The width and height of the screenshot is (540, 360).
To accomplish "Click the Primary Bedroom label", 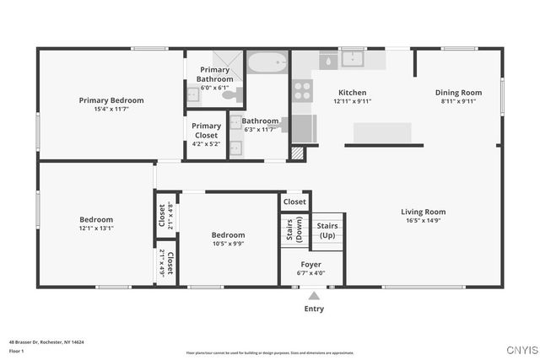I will [111, 100].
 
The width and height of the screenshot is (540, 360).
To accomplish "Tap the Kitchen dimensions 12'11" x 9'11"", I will [352, 101].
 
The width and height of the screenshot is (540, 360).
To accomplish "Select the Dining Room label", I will [458, 93].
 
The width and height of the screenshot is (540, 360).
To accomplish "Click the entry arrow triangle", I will [314, 295].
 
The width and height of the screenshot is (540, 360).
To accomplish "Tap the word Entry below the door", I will [314, 309].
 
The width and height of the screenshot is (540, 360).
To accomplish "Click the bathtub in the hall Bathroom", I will [268, 62].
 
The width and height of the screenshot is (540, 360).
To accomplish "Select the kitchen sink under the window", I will [353, 60].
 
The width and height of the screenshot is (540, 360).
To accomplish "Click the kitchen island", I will [381, 133].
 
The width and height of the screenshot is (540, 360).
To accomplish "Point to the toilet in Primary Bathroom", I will [231, 95].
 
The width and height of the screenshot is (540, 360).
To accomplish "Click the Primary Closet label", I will [206, 131].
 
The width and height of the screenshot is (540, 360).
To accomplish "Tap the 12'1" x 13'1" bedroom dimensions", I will [96, 228].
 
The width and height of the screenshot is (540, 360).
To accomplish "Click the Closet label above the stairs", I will [294, 202].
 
